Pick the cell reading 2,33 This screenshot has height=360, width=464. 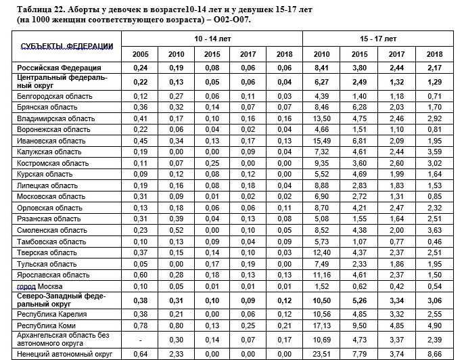click(x=177, y=353)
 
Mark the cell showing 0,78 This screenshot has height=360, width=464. click(x=141, y=325)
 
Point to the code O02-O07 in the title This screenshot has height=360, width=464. click(x=231, y=21)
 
